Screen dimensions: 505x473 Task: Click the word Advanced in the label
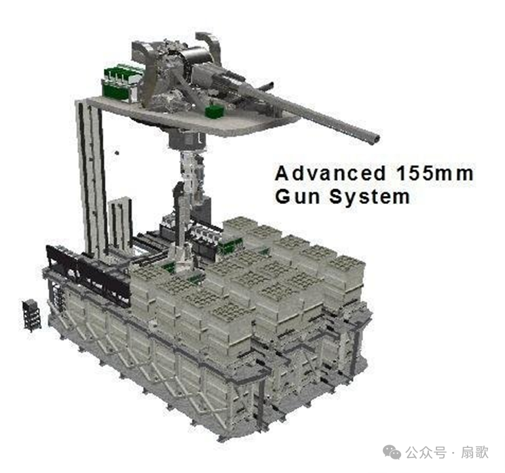coord(330,173)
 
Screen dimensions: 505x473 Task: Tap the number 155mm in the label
coord(435,173)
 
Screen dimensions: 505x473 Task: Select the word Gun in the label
coord(297,196)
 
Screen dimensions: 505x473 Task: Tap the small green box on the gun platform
coord(214,112)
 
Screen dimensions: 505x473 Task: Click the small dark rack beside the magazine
coord(31,315)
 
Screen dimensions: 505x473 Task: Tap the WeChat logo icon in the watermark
coord(392,452)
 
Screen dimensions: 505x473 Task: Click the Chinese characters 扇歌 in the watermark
coord(474,453)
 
